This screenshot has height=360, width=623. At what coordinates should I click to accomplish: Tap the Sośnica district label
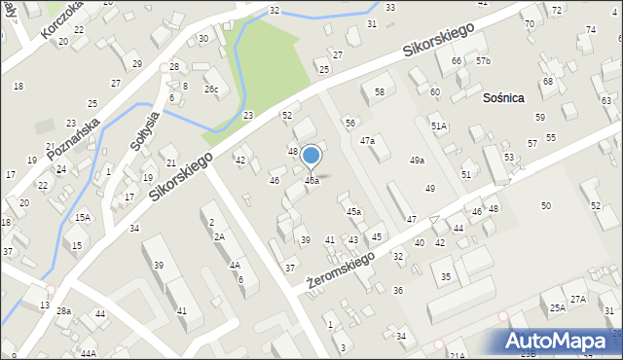pos(504,97)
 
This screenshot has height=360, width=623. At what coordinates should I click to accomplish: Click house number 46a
pos(311,181)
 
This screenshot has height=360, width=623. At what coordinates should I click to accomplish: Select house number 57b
pos(484,61)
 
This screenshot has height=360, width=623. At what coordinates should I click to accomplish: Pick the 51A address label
pos(439,126)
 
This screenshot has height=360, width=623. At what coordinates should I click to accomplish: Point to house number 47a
pos(367,141)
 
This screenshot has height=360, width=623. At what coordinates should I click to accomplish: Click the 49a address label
pos(417,161)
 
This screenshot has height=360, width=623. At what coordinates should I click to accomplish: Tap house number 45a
pos(354,211)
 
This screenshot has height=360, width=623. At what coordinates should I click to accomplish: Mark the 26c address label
pos(211,90)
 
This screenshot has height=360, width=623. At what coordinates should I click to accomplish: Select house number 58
pos(380,92)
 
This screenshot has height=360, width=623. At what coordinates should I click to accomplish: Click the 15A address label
pos(83,217)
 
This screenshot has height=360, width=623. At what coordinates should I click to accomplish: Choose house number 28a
pos(63,311)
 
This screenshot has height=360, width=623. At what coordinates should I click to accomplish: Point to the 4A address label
pos(235,265)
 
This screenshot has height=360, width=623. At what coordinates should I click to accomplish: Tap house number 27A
pos(578,299)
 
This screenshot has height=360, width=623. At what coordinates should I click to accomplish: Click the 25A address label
pos(557,308)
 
